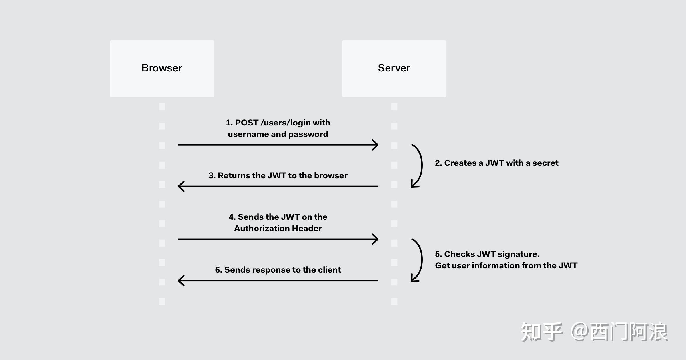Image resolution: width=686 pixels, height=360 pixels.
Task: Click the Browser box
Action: pyautogui.click(x=162, y=69)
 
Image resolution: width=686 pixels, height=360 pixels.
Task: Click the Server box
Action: pyautogui.click(x=394, y=69)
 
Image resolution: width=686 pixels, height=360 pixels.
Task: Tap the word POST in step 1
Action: pyautogui.click(x=247, y=123)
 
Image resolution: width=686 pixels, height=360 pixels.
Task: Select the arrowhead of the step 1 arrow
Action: pyautogui.click(x=375, y=145)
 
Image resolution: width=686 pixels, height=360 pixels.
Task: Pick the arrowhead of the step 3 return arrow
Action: pyautogui.click(x=181, y=186)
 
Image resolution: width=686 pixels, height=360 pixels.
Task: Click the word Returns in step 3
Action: pyautogui.click(x=234, y=175)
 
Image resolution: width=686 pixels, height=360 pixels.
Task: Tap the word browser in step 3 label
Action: pyautogui.click(x=331, y=175)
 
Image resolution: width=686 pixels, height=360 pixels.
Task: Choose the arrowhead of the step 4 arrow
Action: pyautogui.click(x=375, y=239)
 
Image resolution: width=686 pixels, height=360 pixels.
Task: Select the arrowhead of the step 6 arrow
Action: pyautogui.click(x=181, y=281)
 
